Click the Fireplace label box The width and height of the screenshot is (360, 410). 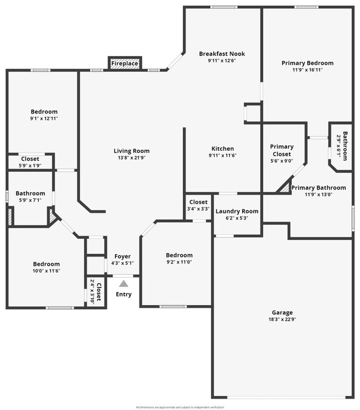pyautogui.click(x=125, y=64)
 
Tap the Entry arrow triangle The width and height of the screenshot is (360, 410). pyautogui.click(x=124, y=284)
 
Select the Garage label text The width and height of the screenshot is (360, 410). pyautogui.click(x=282, y=312)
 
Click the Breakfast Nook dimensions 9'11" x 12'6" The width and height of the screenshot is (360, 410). pyautogui.click(x=222, y=61)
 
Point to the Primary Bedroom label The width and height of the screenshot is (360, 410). pyautogui.click(x=307, y=63)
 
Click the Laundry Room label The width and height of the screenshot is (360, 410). pyautogui.click(x=236, y=211)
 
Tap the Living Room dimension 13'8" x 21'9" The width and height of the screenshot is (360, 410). pyautogui.click(x=132, y=158)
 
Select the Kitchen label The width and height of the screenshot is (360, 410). pyautogui.click(x=223, y=148)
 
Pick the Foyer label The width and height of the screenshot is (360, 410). pyautogui.click(x=122, y=257)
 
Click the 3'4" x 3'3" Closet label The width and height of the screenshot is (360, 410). pyautogui.click(x=198, y=202)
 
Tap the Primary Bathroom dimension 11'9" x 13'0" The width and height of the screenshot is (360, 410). pyautogui.click(x=318, y=194)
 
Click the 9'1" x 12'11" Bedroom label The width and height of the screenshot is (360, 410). pyautogui.click(x=44, y=112)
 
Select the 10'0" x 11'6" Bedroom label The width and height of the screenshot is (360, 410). pyautogui.click(x=46, y=264)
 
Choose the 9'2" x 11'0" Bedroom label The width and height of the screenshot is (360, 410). pyautogui.click(x=179, y=255)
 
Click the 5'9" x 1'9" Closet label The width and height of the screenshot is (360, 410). pyautogui.click(x=30, y=159)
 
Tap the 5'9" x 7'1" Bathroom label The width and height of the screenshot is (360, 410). pyautogui.click(x=30, y=193)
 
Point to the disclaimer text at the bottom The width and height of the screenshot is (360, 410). pyautogui.click(x=180, y=407)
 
